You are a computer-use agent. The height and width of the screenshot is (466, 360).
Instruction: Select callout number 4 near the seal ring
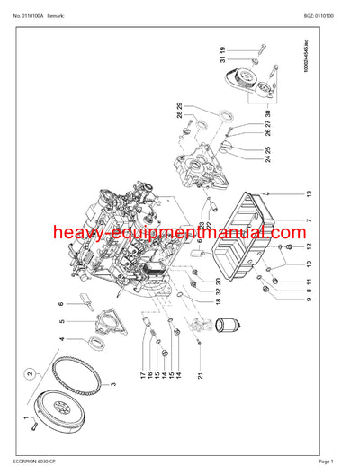(x=87, y=340)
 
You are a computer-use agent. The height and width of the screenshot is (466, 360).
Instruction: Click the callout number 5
(x=87, y=321)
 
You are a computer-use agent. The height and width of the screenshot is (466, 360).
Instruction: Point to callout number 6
(x=86, y=304)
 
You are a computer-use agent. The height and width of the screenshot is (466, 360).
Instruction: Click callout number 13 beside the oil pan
(x=308, y=193)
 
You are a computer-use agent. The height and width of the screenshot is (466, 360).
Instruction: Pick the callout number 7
(x=308, y=220)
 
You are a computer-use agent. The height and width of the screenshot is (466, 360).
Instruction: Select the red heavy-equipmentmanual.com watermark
(x=180, y=236)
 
